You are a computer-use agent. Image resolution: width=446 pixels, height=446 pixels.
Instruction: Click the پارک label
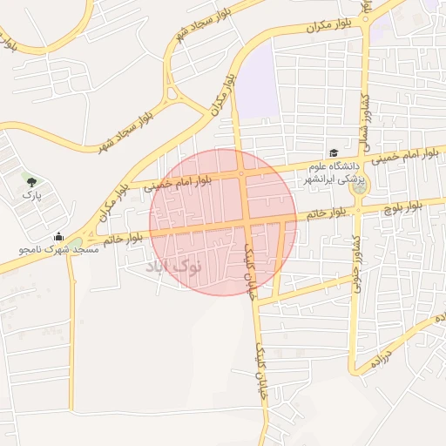pos(32,196)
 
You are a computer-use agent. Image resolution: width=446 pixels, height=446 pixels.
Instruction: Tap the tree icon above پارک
pos(32,182)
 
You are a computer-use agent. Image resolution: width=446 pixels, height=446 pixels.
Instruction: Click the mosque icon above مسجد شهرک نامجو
pos(58,236)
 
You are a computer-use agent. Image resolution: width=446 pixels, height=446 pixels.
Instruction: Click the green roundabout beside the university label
pos(357,186)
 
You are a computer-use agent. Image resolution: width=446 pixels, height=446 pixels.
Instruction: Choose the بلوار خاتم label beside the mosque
pos(122,237)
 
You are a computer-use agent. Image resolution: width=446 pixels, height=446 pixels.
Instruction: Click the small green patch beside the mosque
pos(77,243)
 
